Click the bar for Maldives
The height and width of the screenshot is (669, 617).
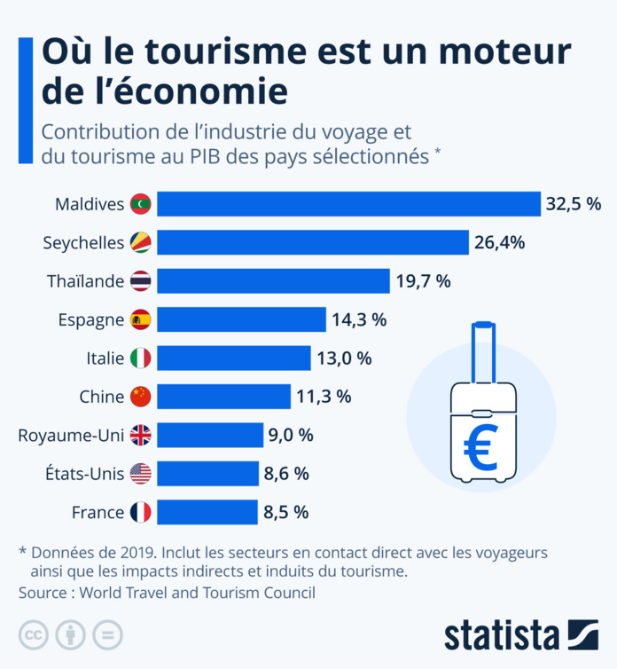[x=349, y=204]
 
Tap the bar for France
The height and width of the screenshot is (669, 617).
[x=209, y=512]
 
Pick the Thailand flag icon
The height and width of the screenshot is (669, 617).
[x=141, y=281]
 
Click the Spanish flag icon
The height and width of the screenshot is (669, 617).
[x=141, y=319]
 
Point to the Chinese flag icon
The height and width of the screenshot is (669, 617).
[x=141, y=397]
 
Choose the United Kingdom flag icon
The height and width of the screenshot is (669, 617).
[x=141, y=435]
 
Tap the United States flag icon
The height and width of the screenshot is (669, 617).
[x=141, y=474]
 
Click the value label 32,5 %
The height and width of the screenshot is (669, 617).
[x=574, y=204]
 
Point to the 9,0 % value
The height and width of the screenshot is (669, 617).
[x=291, y=436]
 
